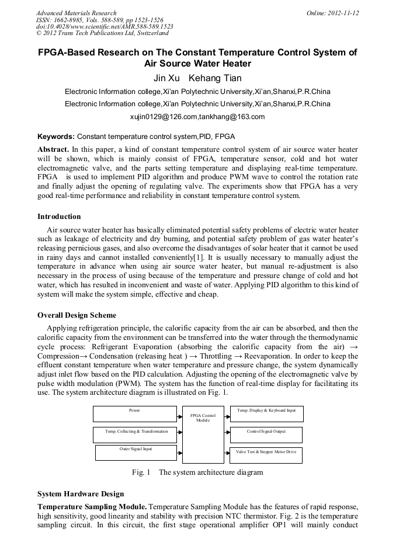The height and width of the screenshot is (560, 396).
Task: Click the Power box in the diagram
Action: tap(134, 413)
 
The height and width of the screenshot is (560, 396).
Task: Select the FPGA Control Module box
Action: tap(203, 434)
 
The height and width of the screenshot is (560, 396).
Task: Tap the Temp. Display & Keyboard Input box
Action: tap(266, 413)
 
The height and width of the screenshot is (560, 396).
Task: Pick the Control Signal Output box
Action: tap(266, 434)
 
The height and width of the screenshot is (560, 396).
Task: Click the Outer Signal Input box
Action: tap(136, 452)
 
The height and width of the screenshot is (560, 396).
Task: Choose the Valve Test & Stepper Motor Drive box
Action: tap(266, 455)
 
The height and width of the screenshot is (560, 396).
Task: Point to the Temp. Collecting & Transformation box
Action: tap(136, 434)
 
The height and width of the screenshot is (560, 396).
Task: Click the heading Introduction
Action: tap(59, 217)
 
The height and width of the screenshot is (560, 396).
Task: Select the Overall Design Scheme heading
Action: tap(77, 315)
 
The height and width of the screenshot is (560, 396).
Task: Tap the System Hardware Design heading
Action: tap(81, 494)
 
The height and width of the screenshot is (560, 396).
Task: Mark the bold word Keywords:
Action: tap(56, 137)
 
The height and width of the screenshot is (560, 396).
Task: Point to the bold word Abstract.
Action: tap(53, 149)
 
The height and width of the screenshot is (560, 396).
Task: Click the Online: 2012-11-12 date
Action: tap(332, 13)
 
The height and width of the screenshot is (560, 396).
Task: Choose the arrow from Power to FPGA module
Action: tap(179, 415)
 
